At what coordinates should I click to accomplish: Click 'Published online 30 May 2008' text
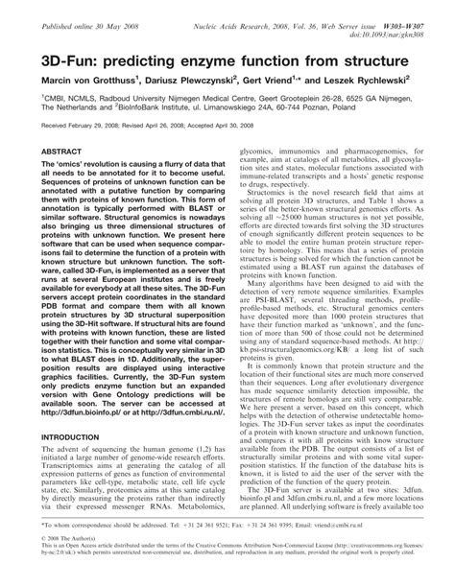66,8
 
